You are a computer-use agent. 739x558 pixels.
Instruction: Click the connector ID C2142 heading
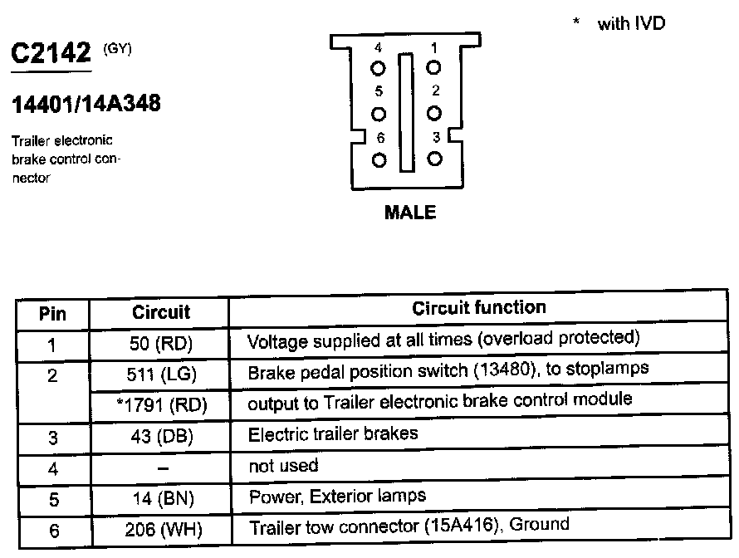coord(51,54)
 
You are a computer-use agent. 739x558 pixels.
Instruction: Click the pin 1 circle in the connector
coord(433,67)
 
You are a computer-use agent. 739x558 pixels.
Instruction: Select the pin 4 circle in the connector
coord(379,67)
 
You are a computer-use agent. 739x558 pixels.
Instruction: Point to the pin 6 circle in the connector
coord(379,159)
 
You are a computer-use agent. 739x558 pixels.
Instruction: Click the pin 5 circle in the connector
coord(379,113)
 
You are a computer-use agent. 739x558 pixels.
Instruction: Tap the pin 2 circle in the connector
coord(433,112)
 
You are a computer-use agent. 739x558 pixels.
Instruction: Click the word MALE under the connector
coord(410,213)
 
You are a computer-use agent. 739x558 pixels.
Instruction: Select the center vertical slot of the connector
coord(406,113)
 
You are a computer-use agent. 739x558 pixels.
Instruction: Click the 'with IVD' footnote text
coord(631,23)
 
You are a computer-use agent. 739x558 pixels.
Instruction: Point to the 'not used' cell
coord(283,467)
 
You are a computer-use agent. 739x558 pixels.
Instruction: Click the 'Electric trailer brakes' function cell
coord(333,433)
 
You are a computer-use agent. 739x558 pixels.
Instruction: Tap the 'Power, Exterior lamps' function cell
coord(337,497)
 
